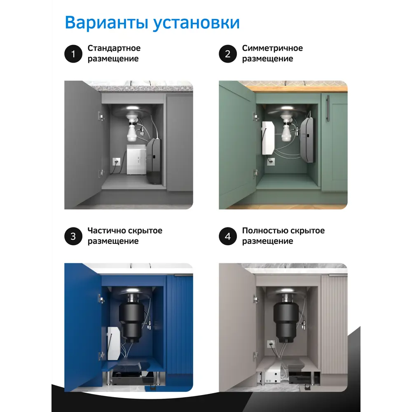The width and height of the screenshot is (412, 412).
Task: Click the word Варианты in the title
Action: tap(106, 23)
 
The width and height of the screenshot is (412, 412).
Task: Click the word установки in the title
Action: tap(196, 23)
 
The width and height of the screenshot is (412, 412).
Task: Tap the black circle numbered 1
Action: tap(73, 54)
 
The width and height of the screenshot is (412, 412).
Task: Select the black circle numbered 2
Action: tap(228, 54)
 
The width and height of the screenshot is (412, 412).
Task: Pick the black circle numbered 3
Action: tap(73, 236)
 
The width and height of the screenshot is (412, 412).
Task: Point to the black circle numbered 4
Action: tap(228, 236)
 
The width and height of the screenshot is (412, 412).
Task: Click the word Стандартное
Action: tap(114, 48)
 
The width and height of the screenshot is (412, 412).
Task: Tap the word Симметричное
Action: tap(272, 48)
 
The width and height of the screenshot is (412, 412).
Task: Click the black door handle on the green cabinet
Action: tap(328, 108)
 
